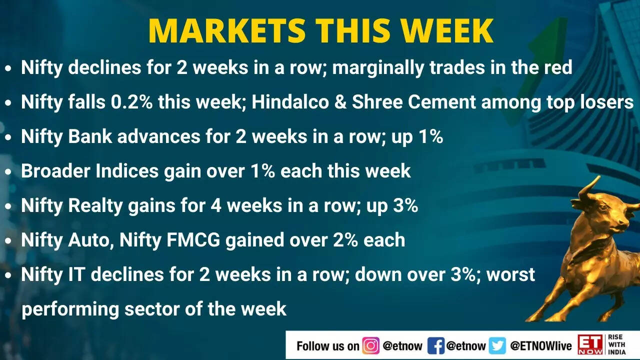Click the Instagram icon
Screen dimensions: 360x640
370,345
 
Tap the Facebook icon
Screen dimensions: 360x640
435,345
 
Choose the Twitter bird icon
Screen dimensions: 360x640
497,345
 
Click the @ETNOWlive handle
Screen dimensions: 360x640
540,345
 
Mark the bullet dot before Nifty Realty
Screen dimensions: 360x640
8,206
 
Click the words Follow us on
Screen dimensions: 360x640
327,345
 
